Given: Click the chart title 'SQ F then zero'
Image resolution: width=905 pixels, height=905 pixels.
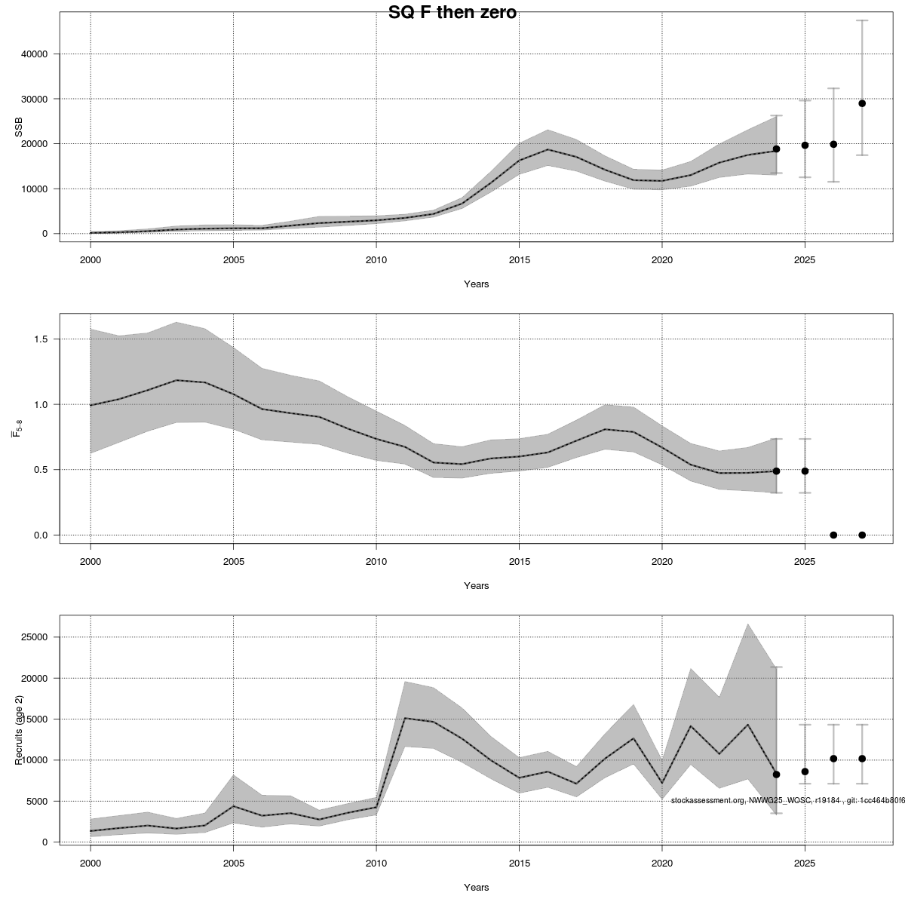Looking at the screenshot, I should pyautogui.click(x=452, y=13).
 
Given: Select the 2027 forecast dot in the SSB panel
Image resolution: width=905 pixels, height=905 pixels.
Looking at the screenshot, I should pyautogui.click(x=862, y=103).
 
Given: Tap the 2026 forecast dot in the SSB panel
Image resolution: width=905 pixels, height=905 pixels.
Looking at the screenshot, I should pyautogui.click(x=833, y=144).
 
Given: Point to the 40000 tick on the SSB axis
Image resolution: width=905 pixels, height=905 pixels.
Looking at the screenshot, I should pyautogui.click(x=34, y=54).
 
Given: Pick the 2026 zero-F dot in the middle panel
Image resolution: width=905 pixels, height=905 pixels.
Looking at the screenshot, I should pyautogui.click(x=833, y=535).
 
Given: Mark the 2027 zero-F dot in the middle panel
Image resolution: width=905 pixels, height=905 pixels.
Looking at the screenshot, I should pyautogui.click(x=862, y=535).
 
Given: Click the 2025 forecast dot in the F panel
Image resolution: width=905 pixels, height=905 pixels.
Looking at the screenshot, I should pyautogui.click(x=805, y=471).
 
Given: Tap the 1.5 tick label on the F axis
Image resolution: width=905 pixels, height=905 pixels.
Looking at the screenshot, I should pyautogui.click(x=41, y=339).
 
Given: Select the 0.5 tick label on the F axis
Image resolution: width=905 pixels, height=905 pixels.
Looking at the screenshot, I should pyautogui.click(x=41, y=470).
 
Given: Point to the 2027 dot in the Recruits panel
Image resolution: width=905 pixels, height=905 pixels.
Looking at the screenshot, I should pyautogui.click(x=862, y=759).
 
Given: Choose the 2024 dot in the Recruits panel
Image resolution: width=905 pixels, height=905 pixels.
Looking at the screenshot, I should pyautogui.click(x=776, y=775).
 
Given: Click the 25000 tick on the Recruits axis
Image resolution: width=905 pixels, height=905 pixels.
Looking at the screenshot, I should pyautogui.click(x=34, y=637).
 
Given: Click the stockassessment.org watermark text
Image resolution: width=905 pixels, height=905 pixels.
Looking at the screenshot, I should pyautogui.click(x=787, y=800).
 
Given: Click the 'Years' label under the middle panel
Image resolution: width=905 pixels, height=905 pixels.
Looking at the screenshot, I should pyautogui.click(x=476, y=586).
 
